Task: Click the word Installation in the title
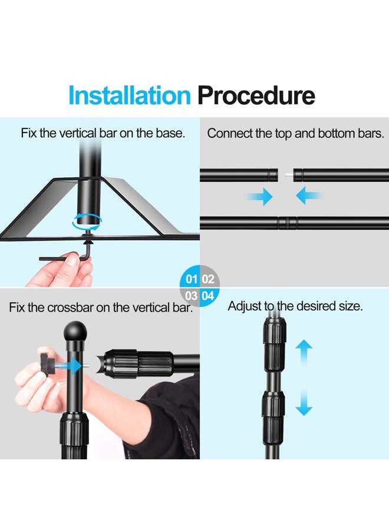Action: click(129, 95)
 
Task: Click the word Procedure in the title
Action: click(256, 95)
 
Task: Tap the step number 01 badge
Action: click(192, 279)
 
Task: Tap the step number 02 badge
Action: click(208, 279)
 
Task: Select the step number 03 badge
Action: click(192, 296)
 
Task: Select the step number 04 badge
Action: click(208, 296)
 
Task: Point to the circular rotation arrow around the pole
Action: click(87, 220)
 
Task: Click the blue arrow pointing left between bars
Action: click(309, 196)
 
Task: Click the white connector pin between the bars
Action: click(286, 174)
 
